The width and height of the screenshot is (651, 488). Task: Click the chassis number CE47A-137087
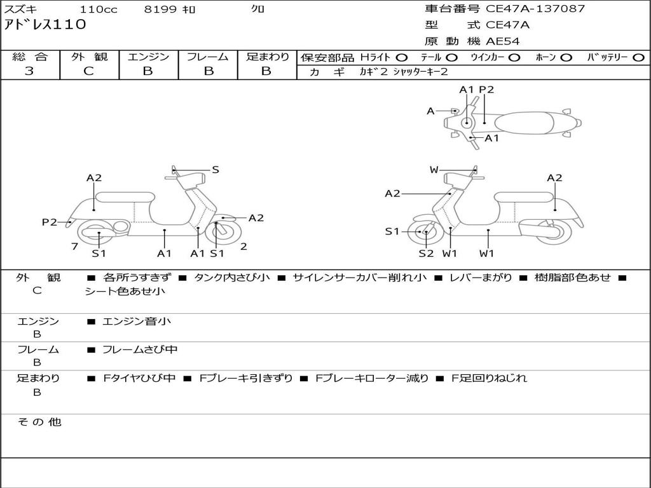535,9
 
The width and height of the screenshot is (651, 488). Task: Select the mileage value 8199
160,10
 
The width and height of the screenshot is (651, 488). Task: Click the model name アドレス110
45,25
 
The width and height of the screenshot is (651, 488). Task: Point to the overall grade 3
29,71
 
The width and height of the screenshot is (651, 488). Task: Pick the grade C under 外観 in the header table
88,71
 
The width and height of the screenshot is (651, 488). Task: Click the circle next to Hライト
402,58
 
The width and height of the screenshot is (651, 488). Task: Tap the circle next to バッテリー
638,58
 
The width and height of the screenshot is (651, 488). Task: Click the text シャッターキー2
421,72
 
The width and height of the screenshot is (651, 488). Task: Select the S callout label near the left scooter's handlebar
215,170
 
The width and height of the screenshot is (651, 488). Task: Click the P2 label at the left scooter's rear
50,222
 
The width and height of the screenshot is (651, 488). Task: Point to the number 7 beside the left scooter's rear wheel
75,247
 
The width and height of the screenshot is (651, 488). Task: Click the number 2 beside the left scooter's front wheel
243,247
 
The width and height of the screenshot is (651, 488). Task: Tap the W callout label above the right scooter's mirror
434,170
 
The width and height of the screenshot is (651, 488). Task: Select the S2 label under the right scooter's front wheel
426,253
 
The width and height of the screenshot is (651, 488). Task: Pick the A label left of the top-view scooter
430,111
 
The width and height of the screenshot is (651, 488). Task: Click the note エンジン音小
137,321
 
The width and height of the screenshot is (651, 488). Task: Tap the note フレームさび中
140,350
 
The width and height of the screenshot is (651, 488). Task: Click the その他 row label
39,422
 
